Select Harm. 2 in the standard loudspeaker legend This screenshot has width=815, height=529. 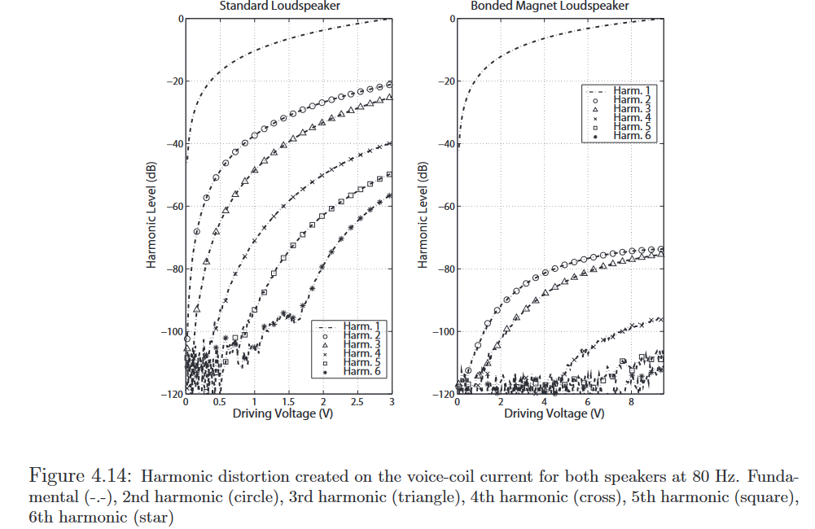(361, 335)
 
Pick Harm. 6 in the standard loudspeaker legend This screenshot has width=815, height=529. (361, 372)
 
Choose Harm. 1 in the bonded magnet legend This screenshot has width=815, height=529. (631, 90)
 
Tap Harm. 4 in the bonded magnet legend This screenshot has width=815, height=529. (631, 118)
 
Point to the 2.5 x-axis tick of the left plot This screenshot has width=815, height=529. (357, 403)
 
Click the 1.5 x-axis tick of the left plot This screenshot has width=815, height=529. (288, 403)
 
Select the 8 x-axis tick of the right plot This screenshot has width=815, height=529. (631, 403)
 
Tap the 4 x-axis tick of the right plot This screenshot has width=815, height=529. (544, 403)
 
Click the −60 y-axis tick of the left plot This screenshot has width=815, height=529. (172, 207)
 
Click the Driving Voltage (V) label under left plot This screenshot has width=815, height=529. (283, 413)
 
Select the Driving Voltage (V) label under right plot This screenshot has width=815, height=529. (554, 413)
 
